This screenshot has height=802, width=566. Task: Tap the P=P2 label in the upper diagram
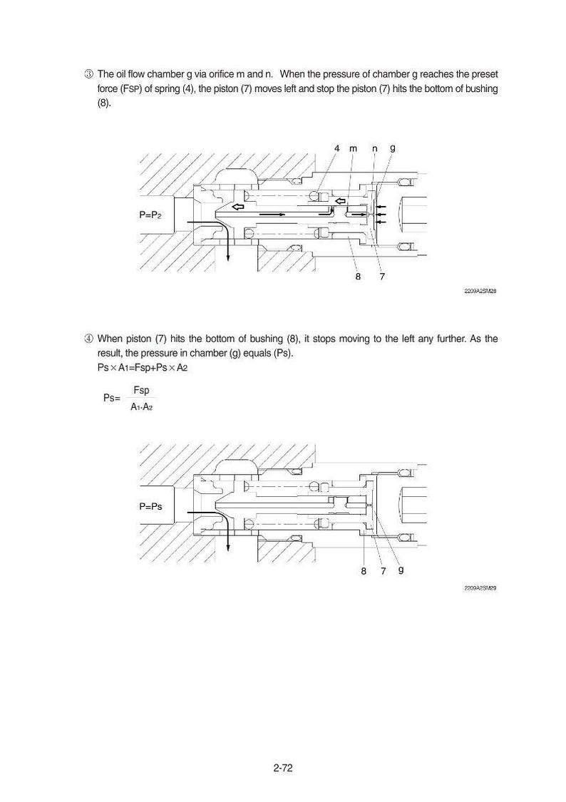[x=150, y=215]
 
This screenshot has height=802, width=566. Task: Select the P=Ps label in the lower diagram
[x=150, y=506]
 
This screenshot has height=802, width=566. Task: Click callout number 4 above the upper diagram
[x=337, y=148]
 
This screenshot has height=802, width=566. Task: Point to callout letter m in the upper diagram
[x=354, y=149]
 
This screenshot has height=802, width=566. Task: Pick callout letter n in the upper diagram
[x=375, y=149]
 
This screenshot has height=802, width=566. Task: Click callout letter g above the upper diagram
[x=393, y=149]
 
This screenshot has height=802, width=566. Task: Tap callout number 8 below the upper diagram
[x=358, y=277]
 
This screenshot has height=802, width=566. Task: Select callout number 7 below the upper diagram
[x=382, y=277]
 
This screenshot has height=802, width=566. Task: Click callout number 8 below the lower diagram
[x=364, y=571]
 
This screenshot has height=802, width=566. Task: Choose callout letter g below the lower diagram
[x=401, y=570]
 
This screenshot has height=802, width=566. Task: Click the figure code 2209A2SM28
[x=480, y=291]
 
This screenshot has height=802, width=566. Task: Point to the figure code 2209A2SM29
[x=480, y=588]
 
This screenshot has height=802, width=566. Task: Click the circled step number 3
[x=88, y=75]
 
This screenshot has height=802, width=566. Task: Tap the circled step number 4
[x=88, y=339]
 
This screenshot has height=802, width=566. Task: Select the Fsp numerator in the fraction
[x=141, y=390]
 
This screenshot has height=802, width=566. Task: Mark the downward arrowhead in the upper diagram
[x=227, y=257]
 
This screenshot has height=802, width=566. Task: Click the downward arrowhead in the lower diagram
[x=227, y=547]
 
